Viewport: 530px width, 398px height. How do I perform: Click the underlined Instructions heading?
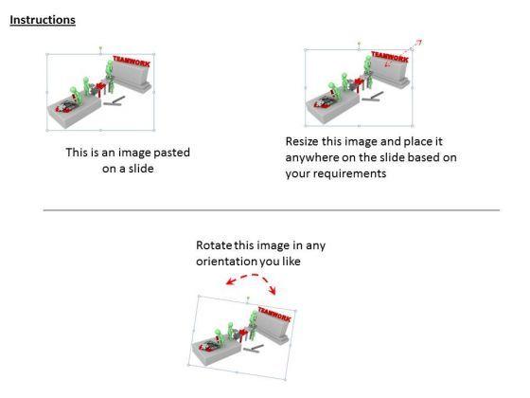click(43, 20)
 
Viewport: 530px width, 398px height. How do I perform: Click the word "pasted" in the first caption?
click(171, 153)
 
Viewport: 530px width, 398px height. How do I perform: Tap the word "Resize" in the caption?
click(302, 141)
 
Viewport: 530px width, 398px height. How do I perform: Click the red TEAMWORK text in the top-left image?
click(132, 62)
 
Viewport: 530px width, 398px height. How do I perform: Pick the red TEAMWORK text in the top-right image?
click(390, 57)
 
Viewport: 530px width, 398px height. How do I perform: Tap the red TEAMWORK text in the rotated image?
click(274, 314)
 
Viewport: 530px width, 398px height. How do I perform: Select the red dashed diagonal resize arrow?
click(403, 53)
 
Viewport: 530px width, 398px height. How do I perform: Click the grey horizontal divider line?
click(271, 210)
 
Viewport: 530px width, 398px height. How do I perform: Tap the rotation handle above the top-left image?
click(100, 48)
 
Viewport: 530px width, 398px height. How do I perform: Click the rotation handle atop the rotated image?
click(248, 298)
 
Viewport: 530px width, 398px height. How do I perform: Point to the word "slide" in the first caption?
click(141, 169)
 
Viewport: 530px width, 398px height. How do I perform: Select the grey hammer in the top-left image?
click(114, 101)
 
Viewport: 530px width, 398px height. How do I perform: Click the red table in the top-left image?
click(101, 87)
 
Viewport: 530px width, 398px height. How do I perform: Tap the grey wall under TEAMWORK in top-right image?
click(390, 73)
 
